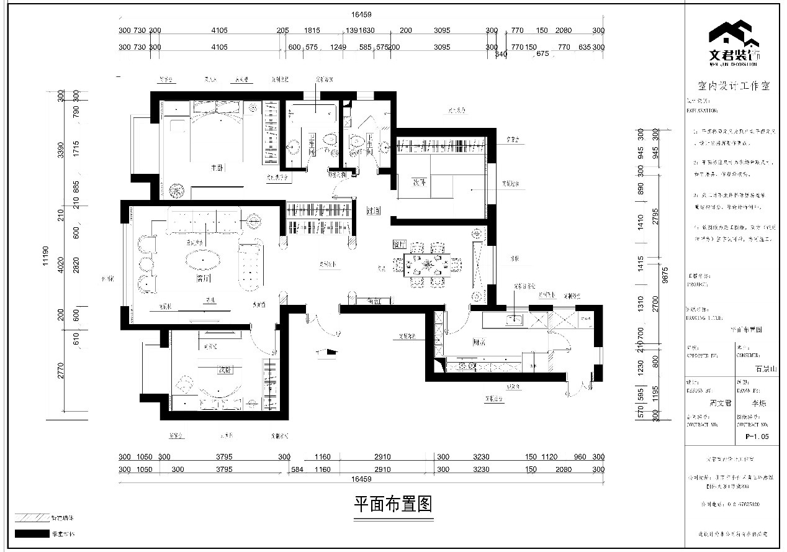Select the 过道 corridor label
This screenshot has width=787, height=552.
click(x=373, y=211)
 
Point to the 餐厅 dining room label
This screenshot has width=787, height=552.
click(x=399, y=245)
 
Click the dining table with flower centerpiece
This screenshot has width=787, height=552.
click(x=428, y=265)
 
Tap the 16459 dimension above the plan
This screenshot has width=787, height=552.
click(x=361, y=14)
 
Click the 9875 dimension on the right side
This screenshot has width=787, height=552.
click(x=665, y=274)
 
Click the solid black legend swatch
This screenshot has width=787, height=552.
click(x=32, y=533)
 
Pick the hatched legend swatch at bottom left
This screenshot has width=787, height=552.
click(x=32, y=517)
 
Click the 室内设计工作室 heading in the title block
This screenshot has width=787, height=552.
click(x=734, y=87)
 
